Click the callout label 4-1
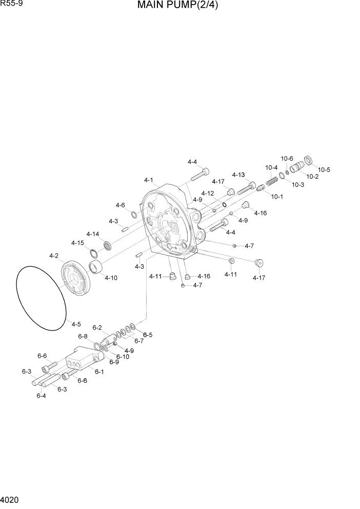point(149,180)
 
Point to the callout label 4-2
point(53,256)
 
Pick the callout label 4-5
point(76,324)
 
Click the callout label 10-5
point(324,170)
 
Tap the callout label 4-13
point(238,175)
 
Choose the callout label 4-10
point(111,278)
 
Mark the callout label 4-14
point(92,234)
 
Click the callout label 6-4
point(42,396)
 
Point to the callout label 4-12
point(207,193)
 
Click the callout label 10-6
point(287,159)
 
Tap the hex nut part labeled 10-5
point(309,160)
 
